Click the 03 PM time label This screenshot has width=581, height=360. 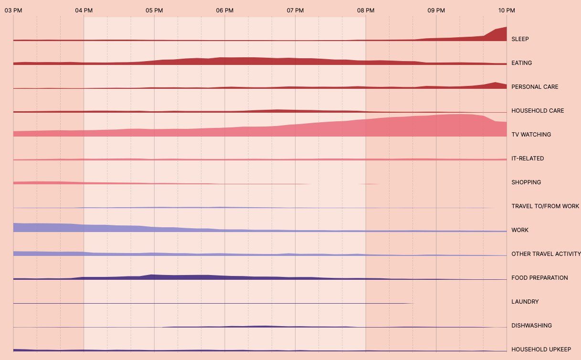tap(13, 10)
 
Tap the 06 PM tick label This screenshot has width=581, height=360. tap(225, 10)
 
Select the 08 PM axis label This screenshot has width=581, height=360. tap(366, 10)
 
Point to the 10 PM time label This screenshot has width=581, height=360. tap(507, 10)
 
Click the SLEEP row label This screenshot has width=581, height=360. tap(520, 39)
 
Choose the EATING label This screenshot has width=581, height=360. tap(521, 63)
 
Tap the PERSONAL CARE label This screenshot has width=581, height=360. tap(535, 87)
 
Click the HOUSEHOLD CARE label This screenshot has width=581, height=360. tap(538, 111)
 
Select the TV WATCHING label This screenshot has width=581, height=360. tap(531, 135)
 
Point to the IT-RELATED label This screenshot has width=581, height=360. tap(528, 159)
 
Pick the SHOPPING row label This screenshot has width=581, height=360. tap(526, 182)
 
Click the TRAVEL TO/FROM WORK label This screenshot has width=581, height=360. tap(545, 206)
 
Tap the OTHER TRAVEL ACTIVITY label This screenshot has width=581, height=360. tap(546, 254)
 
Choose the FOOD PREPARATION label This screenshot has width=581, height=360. tap(539, 278)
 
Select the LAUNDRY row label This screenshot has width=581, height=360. tap(525, 302)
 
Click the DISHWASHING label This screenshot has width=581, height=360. tap(531, 326)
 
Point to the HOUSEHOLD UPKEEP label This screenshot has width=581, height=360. tap(541, 349)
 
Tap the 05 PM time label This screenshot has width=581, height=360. tap(154, 10)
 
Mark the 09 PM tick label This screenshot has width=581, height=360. tap(436, 10)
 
